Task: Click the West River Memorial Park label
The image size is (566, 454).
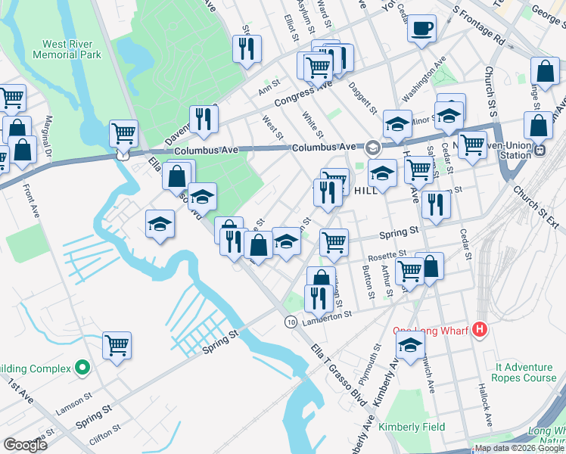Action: coord(71,50)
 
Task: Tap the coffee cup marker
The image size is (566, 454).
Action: coord(421,30)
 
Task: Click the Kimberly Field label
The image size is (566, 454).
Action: coord(412,427)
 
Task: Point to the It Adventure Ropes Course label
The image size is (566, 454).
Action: coord(524,372)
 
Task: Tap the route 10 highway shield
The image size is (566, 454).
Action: coord(291,322)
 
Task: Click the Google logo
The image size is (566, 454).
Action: coord(25,445)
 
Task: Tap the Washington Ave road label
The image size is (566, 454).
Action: coord(424,78)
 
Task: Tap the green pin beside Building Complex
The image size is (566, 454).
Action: coord(83,368)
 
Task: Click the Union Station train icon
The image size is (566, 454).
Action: coord(540,150)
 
